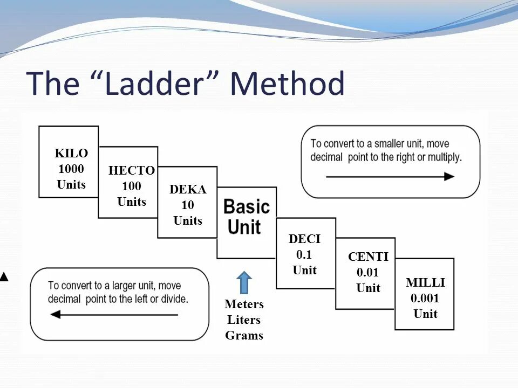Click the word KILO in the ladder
[71, 153]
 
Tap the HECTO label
[132, 171]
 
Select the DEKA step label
[188, 189]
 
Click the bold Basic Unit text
[247, 216]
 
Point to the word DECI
[304, 239]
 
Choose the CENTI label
[368, 257]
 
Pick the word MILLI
[425, 283]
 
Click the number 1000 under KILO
[71, 169]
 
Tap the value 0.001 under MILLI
[425, 299]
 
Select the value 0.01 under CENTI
[368, 273]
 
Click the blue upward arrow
[244, 282]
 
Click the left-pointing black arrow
[114, 315]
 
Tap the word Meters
[244, 304]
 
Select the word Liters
[244, 320]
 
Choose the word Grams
[244, 336]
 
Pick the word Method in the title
[287, 84]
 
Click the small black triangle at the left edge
[4, 277]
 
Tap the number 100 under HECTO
[132, 186]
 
